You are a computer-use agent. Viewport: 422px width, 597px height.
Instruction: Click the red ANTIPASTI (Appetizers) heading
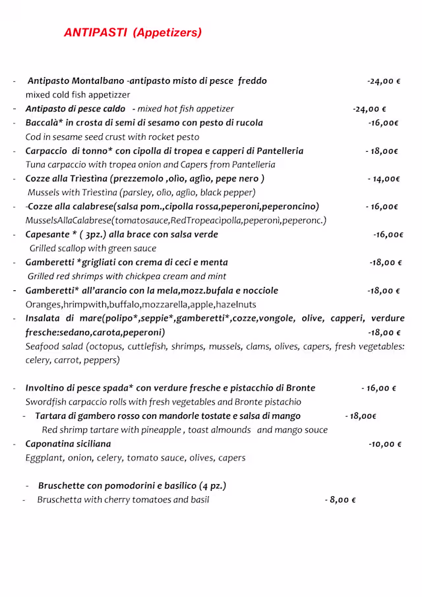pyautogui.click(x=133, y=32)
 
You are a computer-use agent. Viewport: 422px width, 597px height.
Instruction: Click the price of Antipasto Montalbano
pyautogui.click(x=384, y=81)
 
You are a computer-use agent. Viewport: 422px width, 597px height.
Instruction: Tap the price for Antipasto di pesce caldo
pyautogui.click(x=369, y=109)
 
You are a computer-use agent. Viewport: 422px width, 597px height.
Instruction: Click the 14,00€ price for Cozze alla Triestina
pyautogui.click(x=384, y=179)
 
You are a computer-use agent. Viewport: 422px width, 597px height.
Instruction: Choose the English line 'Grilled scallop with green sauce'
pyautogui.click(x=93, y=249)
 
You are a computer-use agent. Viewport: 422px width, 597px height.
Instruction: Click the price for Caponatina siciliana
pyautogui.click(x=385, y=445)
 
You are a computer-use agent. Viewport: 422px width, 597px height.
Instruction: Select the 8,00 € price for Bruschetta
pyautogui.click(x=340, y=500)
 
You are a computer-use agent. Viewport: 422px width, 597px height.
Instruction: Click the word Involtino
pyautogui.click(x=47, y=388)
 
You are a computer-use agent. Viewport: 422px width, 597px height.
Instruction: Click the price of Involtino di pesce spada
pyautogui.click(x=378, y=389)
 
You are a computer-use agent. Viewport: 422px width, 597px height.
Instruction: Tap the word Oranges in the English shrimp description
pyautogui.click(x=44, y=305)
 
